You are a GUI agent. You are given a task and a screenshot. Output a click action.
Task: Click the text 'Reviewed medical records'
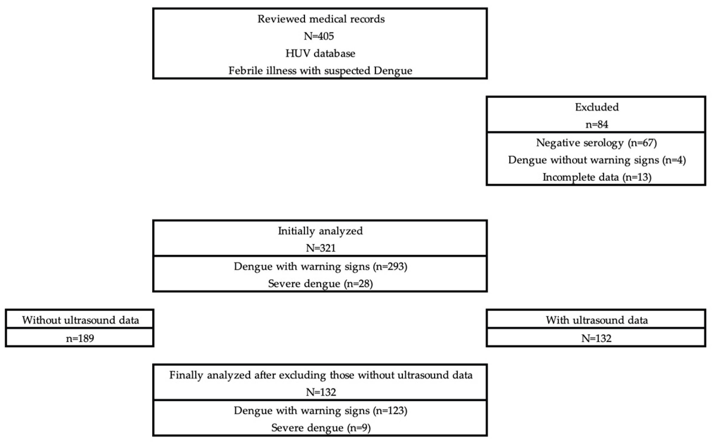click(x=321, y=19)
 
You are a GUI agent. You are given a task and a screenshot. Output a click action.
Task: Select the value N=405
click(x=319, y=36)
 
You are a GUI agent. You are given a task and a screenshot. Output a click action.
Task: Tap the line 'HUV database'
click(x=320, y=53)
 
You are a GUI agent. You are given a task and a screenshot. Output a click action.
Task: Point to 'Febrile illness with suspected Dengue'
click(x=320, y=71)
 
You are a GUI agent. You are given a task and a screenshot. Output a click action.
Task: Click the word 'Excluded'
click(x=597, y=107)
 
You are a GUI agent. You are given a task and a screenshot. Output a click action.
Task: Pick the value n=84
click(x=597, y=124)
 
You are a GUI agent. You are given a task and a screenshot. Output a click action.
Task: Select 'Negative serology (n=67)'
click(x=596, y=143)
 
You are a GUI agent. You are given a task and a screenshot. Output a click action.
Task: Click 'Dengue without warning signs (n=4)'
click(x=597, y=160)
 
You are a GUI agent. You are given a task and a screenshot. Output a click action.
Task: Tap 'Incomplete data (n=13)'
click(x=597, y=177)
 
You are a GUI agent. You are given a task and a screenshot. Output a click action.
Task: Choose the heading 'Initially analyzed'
click(x=320, y=231)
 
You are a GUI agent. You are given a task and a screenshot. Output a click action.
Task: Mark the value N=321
click(x=321, y=248)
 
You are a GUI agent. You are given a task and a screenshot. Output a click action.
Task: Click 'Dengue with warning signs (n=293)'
click(x=320, y=266)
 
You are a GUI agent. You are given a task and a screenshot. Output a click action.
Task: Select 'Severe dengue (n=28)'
click(x=320, y=283)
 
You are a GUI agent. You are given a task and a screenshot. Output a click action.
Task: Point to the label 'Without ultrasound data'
click(x=80, y=320)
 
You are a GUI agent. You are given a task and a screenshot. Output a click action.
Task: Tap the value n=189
click(x=80, y=338)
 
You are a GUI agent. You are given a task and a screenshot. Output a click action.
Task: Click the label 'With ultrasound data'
click(x=597, y=320)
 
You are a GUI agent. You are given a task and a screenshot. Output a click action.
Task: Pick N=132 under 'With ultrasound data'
click(x=596, y=338)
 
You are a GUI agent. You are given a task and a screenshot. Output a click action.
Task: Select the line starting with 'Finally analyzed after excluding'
click(x=321, y=375)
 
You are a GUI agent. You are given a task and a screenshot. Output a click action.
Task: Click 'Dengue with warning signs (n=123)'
click(x=320, y=411)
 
